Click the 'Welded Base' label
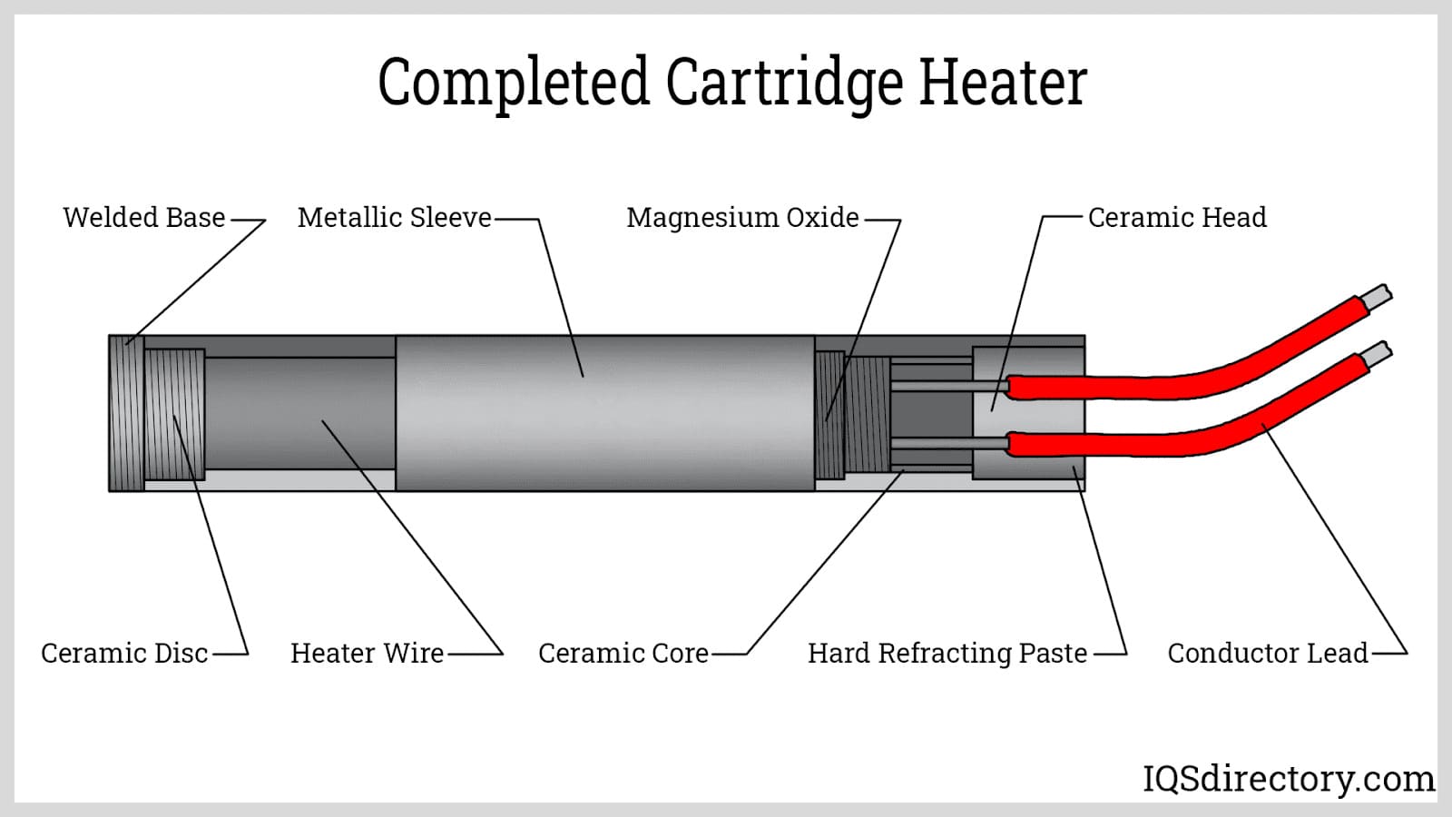click(143, 218)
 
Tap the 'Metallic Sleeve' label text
click(394, 218)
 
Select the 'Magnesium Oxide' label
click(742, 218)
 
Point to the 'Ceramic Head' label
click(1177, 218)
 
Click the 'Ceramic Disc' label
click(124, 654)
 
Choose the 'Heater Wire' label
click(367, 654)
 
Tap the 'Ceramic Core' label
click(623, 654)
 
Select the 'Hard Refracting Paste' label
click(947, 654)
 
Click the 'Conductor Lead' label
click(1267, 654)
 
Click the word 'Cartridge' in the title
click(784, 84)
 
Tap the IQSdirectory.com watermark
click(1288, 779)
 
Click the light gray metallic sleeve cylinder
click(604, 413)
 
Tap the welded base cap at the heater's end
click(126, 413)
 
